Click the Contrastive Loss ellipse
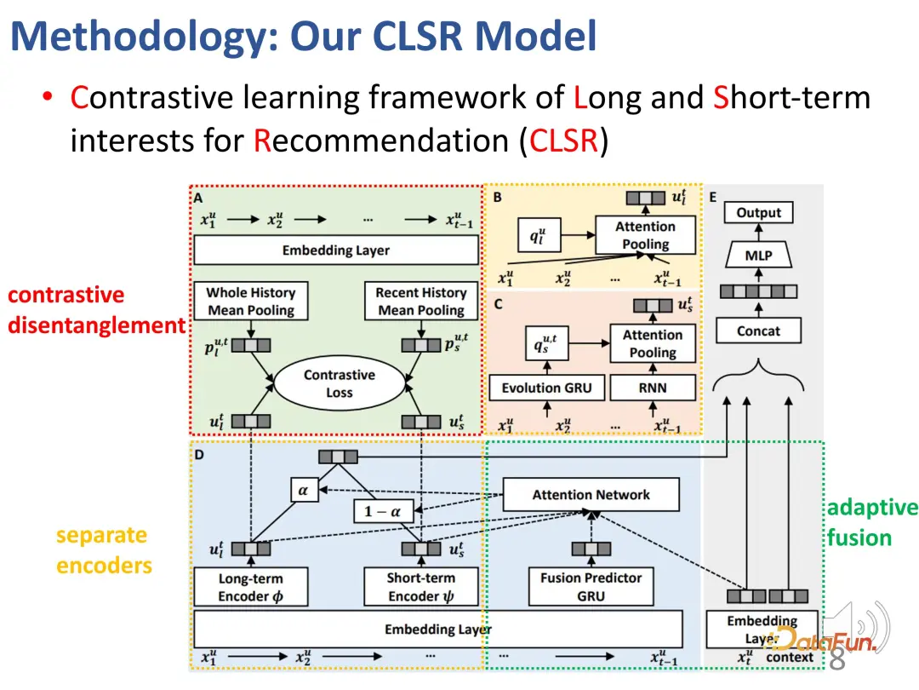(340, 384)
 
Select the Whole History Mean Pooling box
(250, 302)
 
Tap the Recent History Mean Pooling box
(421, 302)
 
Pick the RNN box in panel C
(653, 388)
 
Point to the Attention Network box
(591, 495)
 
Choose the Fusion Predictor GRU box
(591, 587)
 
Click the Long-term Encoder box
(250, 587)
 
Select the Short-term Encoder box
(420, 587)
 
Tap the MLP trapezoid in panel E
(758, 254)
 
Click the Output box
(758, 213)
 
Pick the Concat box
(758, 331)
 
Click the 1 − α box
(382, 511)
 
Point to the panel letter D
(199, 455)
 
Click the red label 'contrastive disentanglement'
(94, 310)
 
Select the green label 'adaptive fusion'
(871, 523)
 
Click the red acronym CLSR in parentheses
(563, 141)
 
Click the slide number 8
(836, 659)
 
